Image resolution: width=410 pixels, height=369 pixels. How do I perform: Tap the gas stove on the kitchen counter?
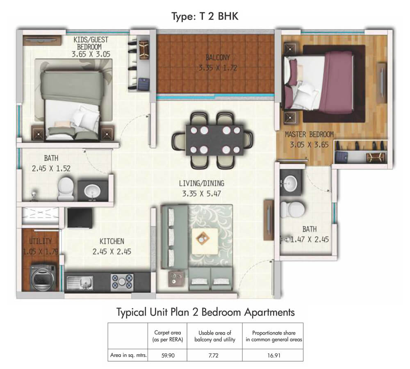(122, 282)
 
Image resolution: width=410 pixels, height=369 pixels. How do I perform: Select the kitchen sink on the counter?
(80, 283)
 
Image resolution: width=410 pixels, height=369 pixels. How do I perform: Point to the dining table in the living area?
(214, 140)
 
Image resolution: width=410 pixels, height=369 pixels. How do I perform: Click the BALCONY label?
(218, 57)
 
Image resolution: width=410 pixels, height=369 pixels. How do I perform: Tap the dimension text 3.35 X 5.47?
(202, 194)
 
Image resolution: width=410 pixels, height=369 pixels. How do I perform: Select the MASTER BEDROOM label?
(309, 134)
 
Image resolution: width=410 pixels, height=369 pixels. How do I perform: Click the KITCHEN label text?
(112, 241)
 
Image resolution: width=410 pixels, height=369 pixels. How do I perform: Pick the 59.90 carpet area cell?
(168, 355)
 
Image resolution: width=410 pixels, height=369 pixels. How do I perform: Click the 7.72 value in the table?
(213, 355)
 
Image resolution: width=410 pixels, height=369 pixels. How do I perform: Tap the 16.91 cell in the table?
(274, 355)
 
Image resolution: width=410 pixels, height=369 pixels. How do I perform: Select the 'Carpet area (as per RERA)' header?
(168, 336)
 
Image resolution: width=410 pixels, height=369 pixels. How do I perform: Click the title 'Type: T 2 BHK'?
(205, 16)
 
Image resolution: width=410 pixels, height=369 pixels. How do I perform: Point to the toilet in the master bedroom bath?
(292, 209)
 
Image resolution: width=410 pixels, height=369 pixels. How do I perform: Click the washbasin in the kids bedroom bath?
(92, 191)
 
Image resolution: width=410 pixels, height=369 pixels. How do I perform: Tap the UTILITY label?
(41, 241)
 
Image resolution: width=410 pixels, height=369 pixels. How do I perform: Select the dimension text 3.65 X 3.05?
(91, 55)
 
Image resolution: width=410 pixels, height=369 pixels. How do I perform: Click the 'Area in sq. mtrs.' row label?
(128, 355)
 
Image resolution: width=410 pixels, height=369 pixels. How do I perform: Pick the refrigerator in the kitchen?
(80, 218)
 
